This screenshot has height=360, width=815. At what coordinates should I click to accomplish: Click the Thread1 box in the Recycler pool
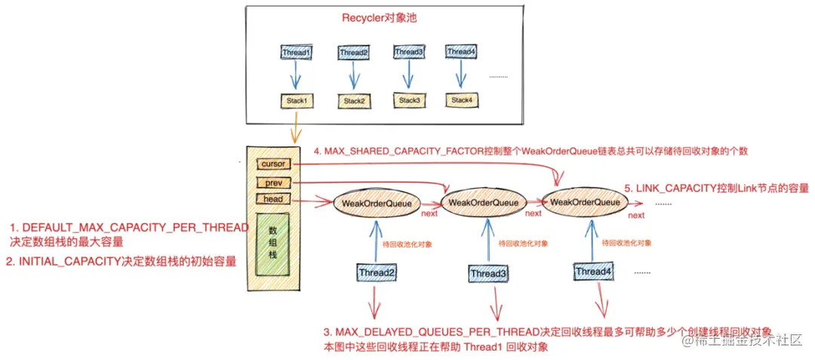point(296,53)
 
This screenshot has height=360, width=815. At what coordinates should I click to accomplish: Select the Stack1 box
point(297,100)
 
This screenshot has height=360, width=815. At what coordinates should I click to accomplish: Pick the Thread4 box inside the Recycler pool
point(460,52)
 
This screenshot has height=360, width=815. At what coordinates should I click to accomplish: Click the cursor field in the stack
point(272,164)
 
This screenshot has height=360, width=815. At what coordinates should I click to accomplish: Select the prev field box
point(272,182)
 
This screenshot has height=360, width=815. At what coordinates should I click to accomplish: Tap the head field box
point(272,199)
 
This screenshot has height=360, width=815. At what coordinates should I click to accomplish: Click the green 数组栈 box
point(272,245)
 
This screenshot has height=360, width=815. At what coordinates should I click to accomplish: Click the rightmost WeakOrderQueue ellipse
point(585,202)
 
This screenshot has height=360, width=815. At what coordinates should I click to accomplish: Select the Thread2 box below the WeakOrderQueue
point(376,272)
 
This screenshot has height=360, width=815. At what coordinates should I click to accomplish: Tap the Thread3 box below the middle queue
point(488,272)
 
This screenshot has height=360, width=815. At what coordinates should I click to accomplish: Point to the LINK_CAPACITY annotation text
point(716,187)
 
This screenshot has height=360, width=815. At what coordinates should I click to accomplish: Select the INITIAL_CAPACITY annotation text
point(121,262)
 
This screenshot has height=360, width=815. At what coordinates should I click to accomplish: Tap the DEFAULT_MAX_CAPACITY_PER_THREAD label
point(128,227)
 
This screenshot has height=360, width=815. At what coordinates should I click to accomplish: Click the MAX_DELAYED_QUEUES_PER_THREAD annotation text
point(547,332)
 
